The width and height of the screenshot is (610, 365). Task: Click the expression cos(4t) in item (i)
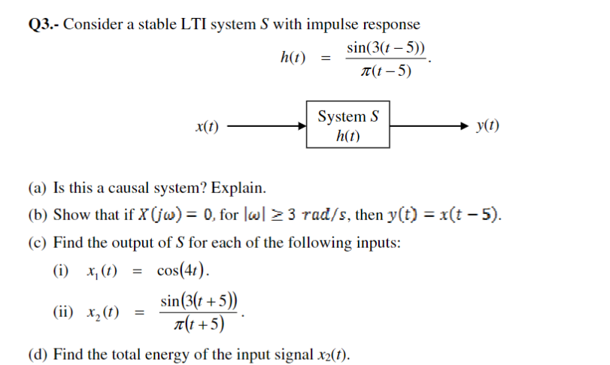[x=183, y=270]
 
